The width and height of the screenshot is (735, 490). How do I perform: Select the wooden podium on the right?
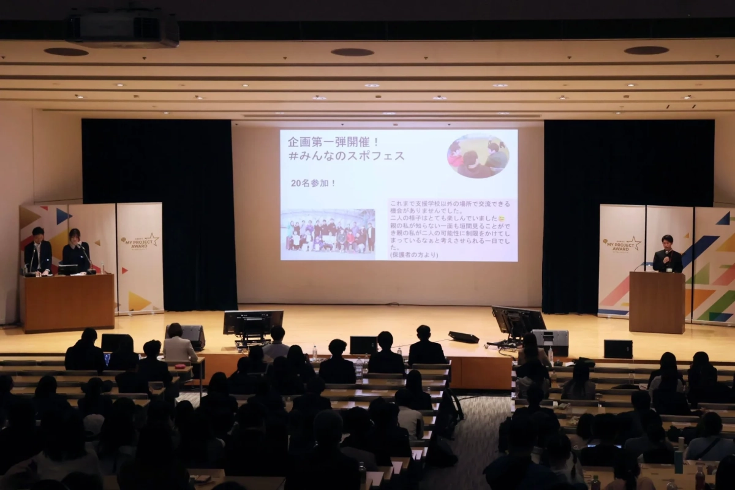coord(657,302)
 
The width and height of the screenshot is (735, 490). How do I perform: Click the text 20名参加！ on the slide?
coord(313,183)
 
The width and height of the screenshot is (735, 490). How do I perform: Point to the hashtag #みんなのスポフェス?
coord(346,156)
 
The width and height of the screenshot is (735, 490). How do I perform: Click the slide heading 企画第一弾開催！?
coord(334,141)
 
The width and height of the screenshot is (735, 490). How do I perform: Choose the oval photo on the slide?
coord(478,156)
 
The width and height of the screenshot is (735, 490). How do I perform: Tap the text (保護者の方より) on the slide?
coord(414,255)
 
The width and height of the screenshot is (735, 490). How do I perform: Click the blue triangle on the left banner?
coord(62,216)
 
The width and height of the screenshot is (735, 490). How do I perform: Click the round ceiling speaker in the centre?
coord(352,52)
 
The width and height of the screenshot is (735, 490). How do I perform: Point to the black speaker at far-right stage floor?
coord(617,349)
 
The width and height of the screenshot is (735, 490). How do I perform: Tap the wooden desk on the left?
coord(68,302)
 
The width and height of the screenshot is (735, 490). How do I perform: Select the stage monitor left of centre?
coord(252,323)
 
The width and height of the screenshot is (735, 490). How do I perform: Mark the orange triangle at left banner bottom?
coord(138,301)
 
